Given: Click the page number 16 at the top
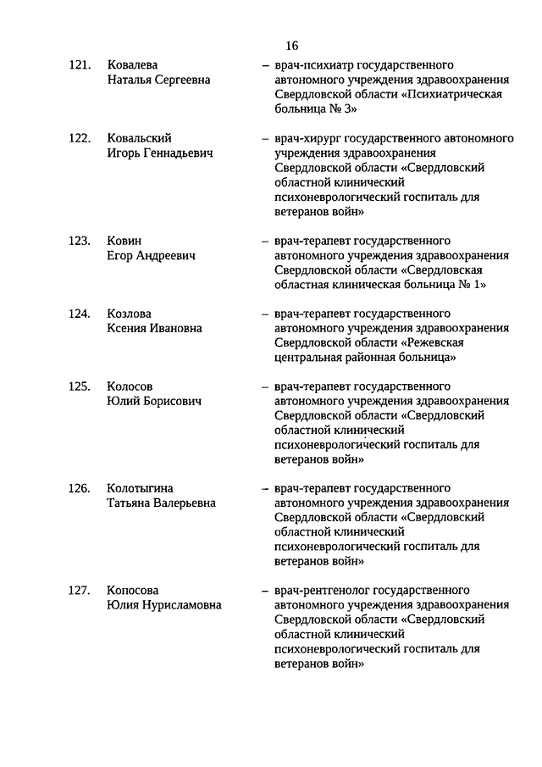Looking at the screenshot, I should pos(291,46).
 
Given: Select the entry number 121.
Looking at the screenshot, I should pos(80,64).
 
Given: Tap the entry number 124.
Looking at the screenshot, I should pos(80,314).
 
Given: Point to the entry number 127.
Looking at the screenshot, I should pos(80,590).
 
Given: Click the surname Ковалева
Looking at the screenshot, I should pos(133,64).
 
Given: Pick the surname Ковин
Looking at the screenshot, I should pos(124,241).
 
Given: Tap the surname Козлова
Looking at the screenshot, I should pos(129,314).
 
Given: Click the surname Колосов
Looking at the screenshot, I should pos(130,386).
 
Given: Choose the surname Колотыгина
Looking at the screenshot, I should pos(141,488).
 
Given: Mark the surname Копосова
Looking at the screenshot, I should pos(133,590).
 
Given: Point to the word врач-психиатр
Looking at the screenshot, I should pos(312,64).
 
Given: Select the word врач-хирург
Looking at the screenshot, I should pos(307,138).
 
